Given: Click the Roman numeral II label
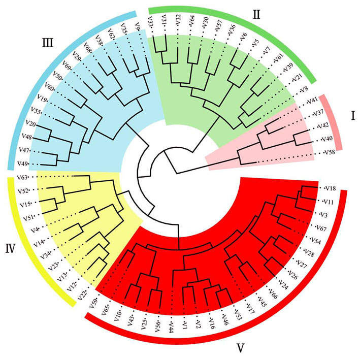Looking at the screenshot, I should pos(257,15).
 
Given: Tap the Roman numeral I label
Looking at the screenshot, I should pos(353,116).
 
